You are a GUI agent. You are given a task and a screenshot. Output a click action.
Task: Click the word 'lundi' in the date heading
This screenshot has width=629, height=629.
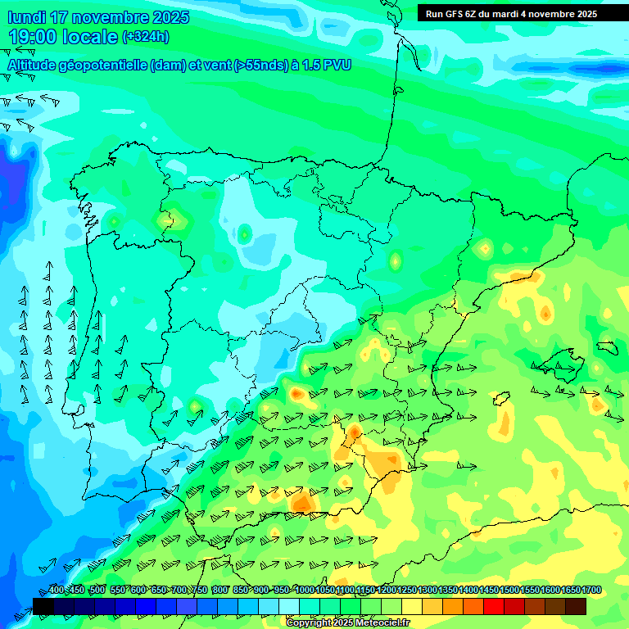tap(26, 17)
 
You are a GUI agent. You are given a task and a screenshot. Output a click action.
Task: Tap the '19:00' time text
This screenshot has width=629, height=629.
tap(33, 37)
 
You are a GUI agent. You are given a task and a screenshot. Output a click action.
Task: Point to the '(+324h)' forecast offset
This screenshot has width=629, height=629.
tap(145, 37)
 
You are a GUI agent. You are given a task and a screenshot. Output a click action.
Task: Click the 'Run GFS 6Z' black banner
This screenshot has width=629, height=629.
tap(511, 14)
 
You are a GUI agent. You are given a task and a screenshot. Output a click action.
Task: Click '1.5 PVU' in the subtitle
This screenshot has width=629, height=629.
tap(327, 65)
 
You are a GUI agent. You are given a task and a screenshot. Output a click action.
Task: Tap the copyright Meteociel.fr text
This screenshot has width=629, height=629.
tap(348, 623)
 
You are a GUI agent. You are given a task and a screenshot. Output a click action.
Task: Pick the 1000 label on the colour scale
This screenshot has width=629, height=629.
tap(305, 591)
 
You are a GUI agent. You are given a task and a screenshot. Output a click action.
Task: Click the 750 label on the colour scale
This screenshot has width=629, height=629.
tap(199, 591)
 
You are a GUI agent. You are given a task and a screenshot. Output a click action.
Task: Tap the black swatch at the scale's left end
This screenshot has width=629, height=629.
tap(43, 606)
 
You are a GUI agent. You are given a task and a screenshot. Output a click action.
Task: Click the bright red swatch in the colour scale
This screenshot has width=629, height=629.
tap(493, 606)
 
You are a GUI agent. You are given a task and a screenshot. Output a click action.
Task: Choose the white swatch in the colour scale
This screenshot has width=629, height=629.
tap(288, 606)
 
